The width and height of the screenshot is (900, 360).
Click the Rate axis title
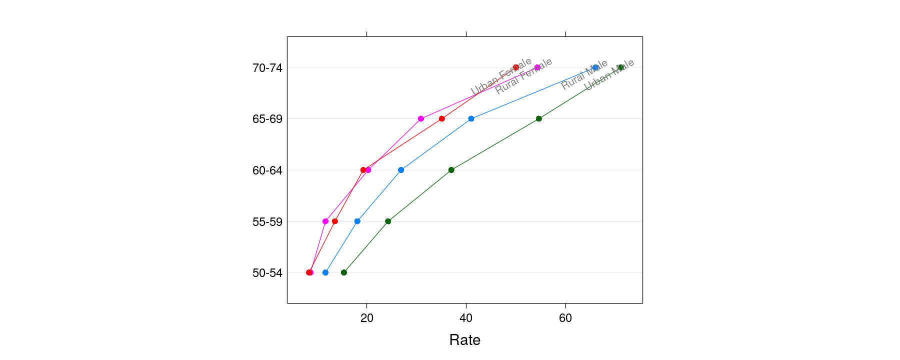464,340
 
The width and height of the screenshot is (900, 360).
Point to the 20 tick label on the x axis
366,318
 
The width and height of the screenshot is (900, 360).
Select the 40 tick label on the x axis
466,318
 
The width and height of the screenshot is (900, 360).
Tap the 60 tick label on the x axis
565,318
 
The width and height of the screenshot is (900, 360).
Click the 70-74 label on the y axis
267,68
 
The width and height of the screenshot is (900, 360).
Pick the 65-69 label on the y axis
267,119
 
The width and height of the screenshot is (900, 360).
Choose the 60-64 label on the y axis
267,170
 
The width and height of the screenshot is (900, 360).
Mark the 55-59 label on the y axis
267,221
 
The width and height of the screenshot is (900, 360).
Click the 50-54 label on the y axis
267,273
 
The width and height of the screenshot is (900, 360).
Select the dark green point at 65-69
538,118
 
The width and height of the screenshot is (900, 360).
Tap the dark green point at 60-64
451,170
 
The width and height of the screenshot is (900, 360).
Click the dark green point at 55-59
388,221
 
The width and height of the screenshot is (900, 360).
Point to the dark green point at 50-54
343,272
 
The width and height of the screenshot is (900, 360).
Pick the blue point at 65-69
471,118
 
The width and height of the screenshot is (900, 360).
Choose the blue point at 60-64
400,170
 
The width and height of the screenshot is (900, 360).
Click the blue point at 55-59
357,221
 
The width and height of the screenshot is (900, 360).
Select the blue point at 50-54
325,272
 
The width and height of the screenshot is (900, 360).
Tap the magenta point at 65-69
420,118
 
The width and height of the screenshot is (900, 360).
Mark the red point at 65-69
441,118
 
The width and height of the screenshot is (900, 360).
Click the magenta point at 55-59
325,221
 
